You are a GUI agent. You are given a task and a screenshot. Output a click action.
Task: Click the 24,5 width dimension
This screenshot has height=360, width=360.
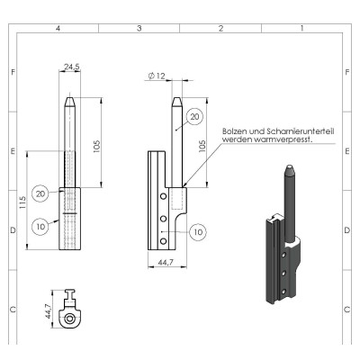click(72, 67)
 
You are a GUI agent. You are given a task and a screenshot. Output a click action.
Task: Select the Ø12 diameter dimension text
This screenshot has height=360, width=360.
click(157, 76)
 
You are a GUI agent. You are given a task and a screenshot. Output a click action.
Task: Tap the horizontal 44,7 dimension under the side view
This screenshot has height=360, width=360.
click(166, 263)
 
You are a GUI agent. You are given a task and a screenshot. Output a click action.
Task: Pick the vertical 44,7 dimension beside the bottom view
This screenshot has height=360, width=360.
click(48, 311)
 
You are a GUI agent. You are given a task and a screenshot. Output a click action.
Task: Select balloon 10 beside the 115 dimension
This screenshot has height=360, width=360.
click(40, 227)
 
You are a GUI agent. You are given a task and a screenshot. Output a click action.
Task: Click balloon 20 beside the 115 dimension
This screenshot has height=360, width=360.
click(40, 193)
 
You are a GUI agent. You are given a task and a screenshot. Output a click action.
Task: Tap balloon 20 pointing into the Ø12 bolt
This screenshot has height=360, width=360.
click(194, 117)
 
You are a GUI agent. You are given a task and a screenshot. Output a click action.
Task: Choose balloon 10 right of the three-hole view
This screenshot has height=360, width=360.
click(198, 232)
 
